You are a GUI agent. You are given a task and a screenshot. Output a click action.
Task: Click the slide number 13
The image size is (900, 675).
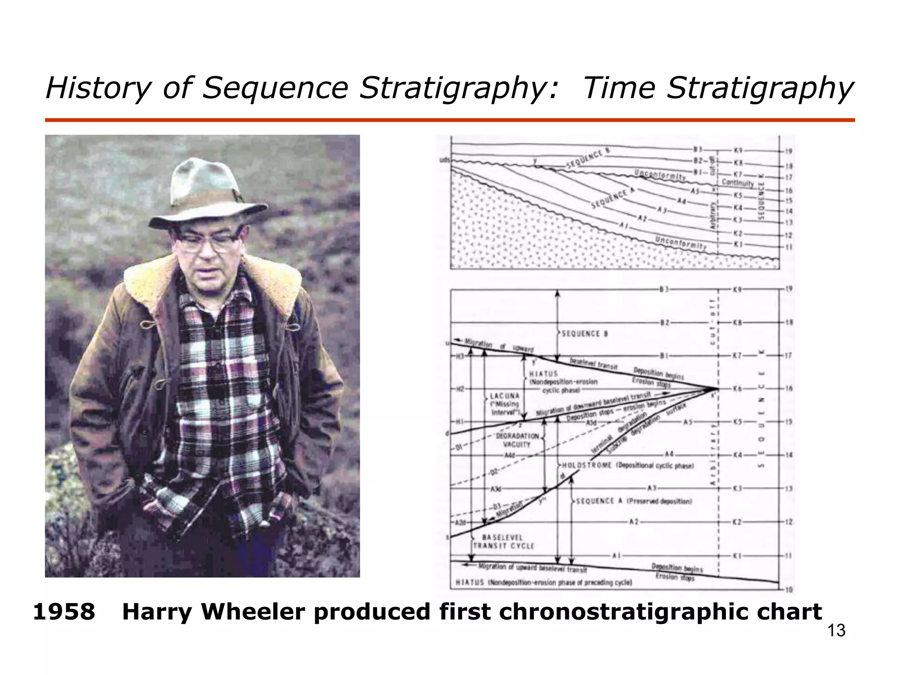coord(836,631)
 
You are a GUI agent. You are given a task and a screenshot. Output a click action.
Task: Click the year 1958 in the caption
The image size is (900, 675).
coord(64,612)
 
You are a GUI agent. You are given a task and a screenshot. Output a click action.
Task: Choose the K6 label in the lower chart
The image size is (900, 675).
coord(737,389)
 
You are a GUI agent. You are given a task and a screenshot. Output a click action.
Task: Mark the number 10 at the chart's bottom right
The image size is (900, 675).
coord(789,589)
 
